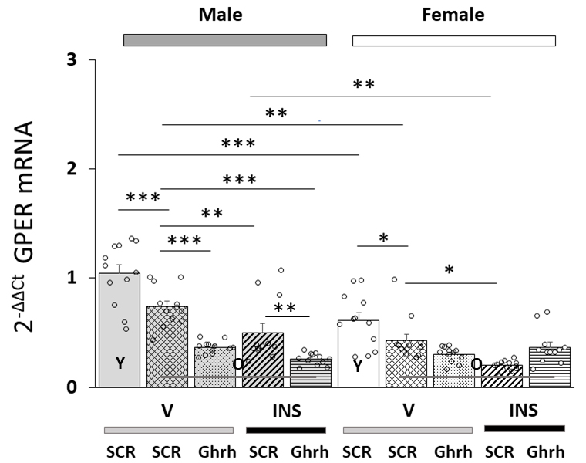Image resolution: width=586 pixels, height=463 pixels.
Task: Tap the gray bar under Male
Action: click(225, 40)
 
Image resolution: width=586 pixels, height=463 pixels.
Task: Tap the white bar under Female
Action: click(453, 40)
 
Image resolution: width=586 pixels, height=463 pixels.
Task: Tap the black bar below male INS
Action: click(283, 429)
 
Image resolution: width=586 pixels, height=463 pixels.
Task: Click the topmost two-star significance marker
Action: click(364, 84)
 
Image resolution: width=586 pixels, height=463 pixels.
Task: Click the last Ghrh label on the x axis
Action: click(546, 451)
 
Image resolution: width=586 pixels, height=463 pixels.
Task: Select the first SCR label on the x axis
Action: click(120, 451)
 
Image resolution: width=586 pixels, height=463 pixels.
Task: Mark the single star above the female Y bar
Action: click(384, 238)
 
